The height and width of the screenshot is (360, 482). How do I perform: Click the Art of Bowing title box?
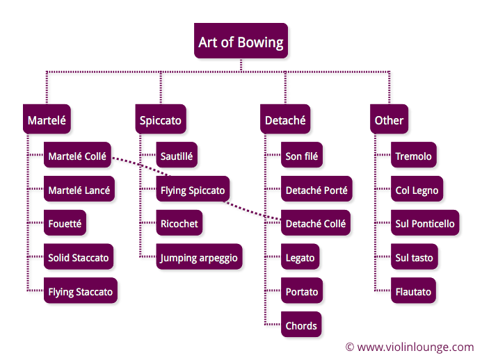click(x=241, y=40)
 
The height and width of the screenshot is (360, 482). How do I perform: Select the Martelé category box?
click(x=47, y=119)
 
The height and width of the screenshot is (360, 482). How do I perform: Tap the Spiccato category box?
click(x=161, y=119)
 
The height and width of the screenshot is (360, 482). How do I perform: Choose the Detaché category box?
click(x=285, y=119)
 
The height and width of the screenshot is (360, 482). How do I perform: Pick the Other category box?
click(x=389, y=119)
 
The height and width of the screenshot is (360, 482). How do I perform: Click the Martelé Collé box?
click(x=77, y=155)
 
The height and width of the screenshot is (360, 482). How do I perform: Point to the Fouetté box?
click(x=65, y=222)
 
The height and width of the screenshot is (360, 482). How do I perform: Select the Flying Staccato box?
click(x=81, y=291)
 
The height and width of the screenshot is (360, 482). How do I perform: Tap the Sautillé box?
click(x=177, y=155)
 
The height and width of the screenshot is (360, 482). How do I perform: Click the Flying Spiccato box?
click(x=193, y=189)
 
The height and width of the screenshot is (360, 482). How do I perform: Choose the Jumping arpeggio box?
click(x=199, y=256)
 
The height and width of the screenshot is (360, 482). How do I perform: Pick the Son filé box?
click(x=302, y=155)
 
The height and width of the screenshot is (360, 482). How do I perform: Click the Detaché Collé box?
click(x=316, y=222)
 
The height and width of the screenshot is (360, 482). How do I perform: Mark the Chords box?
click(x=301, y=325)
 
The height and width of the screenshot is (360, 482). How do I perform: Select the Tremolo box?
click(x=413, y=155)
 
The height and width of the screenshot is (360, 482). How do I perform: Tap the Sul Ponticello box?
click(x=425, y=222)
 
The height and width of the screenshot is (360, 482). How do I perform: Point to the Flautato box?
click(x=413, y=291)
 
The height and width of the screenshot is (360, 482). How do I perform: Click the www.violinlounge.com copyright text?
click(x=410, y=347)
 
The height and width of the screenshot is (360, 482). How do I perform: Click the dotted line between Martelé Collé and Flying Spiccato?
click(x=140, y=167)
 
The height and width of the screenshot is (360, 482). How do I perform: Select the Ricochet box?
click(x=179, y=222)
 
